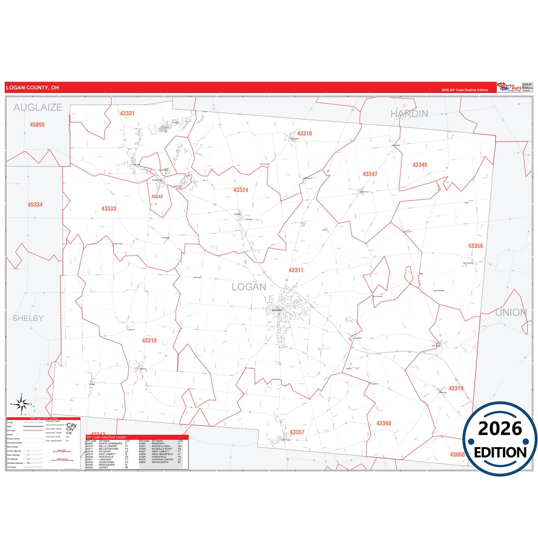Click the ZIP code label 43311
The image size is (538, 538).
coord(296,270)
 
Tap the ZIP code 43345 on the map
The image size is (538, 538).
coord(420,165)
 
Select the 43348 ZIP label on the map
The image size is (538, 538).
coord(157,197)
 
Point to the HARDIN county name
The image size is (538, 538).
coord(409,114)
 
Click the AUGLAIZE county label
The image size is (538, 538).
coord(38,108)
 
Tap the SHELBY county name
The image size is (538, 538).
coord(28,318)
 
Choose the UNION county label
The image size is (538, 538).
coord(511,313)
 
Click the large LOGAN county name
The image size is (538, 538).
coord(249,287)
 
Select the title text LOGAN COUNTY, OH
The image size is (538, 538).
coord(32,88)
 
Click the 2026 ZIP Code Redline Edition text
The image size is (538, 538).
coord(465,90)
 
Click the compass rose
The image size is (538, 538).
coord(22,404)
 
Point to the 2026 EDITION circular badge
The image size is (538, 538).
coord(500,439)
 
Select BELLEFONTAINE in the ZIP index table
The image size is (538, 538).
coord(108,449)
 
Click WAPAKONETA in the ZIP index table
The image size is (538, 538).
coord(160,462)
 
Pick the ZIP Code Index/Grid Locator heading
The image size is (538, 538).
coord(106,437)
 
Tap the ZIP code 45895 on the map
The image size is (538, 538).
coord(37,125)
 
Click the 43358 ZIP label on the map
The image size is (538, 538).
coord(475,246)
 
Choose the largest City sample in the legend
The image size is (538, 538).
coord(71,425)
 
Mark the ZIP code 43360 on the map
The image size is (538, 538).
coord(383,423)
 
